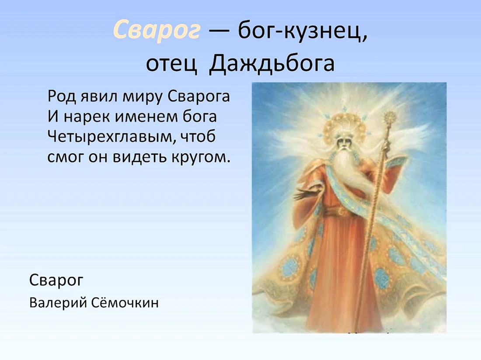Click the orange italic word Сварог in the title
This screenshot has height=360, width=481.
(157, 31)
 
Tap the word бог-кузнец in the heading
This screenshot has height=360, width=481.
(303, 31)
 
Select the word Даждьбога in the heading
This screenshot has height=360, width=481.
(272, 63)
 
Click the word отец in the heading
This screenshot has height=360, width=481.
(171, 64)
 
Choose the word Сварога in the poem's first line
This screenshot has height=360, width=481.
(199, 97)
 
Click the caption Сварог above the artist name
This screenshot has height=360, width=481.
(56, 280)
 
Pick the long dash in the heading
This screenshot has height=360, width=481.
(220, 31)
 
